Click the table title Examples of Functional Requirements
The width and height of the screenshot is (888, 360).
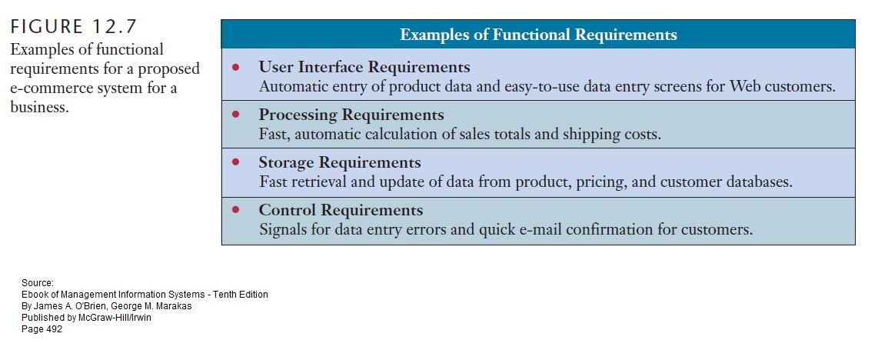pyautogui.click(x=538, y=35)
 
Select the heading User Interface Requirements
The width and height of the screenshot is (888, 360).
pyautogui.click(x=364, y=66)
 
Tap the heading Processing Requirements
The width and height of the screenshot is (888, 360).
pyautogui.click(x=351, y=115)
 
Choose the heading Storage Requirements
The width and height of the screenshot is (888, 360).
pyautogui.click(x=339, y=162)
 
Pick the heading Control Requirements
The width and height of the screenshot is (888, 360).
pyautogui.click(x=341, y=210)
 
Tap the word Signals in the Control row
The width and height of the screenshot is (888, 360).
pyautogui.click(x=284, y=229)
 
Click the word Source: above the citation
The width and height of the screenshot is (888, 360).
pyautogui.click(x=38, y=283)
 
